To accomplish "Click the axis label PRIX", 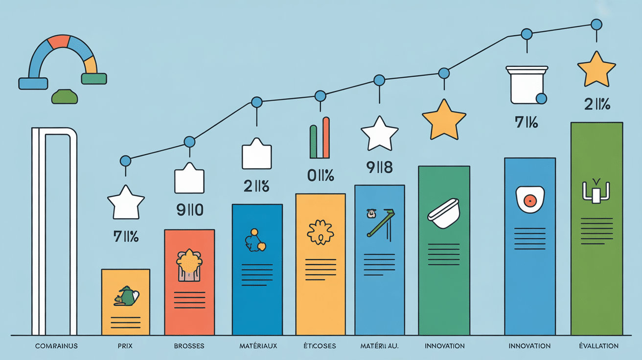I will (125, 346).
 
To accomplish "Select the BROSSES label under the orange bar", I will (189, 346).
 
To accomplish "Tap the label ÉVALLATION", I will (598, 346).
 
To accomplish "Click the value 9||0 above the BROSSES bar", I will (189, 211).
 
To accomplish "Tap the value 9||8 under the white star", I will (379, 168).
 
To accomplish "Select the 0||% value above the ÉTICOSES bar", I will (320, 175).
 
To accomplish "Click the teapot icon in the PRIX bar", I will (126, 296).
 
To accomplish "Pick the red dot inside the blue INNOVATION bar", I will (528, 200).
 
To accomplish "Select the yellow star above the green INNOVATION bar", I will (443, 119).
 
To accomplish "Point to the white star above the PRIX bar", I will (126, 202).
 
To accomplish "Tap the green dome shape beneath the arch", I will (65, 96).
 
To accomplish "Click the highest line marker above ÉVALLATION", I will (596, 24).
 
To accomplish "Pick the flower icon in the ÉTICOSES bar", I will (320, 232).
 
